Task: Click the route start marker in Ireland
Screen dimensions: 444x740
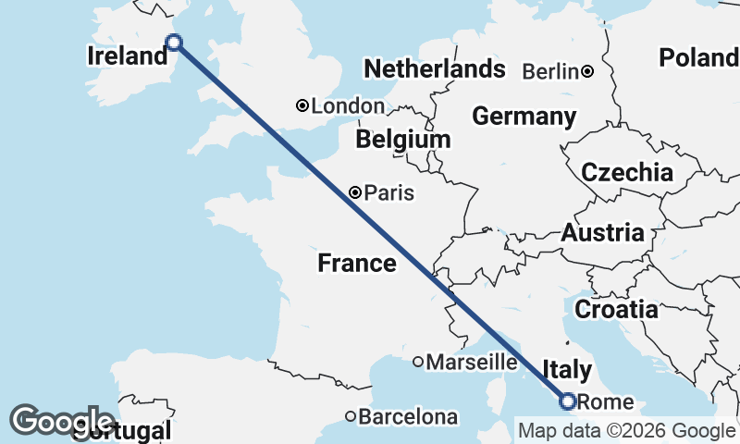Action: pos(173,42)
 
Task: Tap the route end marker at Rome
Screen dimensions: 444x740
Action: pos(568,401)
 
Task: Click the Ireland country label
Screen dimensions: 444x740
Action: pos(127,56)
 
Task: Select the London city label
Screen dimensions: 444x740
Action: pos(347,106)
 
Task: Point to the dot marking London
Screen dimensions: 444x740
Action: pos(302,105)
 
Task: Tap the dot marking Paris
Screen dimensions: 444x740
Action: pos(356,192)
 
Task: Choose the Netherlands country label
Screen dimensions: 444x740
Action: pos(435,69)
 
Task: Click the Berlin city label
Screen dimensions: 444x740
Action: pos(551,71)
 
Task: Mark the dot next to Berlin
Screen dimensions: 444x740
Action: pos(587,71)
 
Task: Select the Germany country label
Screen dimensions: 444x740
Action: pos(524,117)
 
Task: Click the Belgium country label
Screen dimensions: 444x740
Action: pos(403,140)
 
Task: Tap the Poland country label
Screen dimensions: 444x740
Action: pos(698,58)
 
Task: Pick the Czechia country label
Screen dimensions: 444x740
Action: pos(627,172)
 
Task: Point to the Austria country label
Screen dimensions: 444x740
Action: pos(603,232)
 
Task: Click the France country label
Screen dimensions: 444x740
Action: pos(357,264)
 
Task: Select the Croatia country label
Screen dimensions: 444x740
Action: pos(616,309)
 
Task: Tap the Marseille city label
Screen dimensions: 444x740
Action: pos(470,362)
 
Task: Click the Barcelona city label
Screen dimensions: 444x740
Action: pos(407,417)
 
